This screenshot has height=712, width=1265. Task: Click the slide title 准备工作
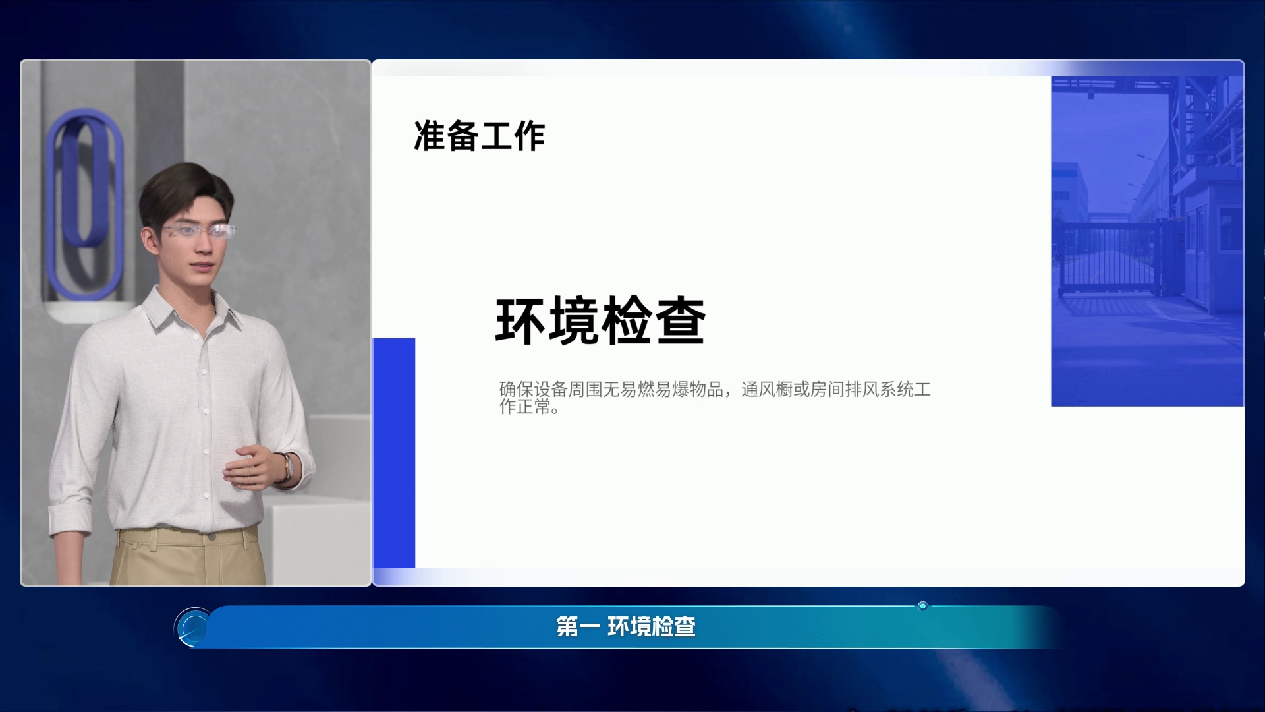coord(479,136)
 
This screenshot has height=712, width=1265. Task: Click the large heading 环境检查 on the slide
coord(600,321)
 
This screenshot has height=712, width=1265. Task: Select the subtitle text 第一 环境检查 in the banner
coord(626,626)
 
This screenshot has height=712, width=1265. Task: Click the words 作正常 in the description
coord(524,407)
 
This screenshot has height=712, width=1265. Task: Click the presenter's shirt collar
coord(191,310)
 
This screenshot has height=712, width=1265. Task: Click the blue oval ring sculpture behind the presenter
coord(84,204)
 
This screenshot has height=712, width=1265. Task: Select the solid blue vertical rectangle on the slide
coord(394,453)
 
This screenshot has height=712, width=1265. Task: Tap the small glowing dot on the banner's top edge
coord(922,606)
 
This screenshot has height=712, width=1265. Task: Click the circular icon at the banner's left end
coord(193,627)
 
